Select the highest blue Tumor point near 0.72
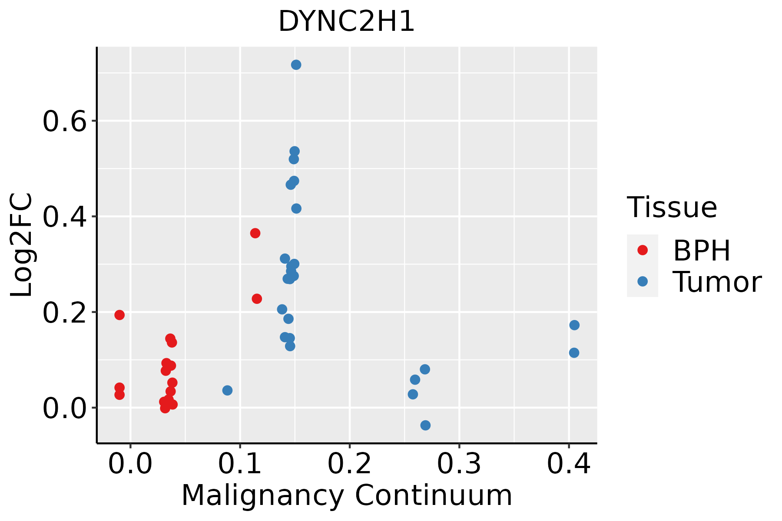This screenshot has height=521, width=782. (296, 65)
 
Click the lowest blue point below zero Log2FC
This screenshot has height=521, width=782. (425, 425)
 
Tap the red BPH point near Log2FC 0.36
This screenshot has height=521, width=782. (255, 233)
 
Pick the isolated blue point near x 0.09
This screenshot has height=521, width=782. (227, 390)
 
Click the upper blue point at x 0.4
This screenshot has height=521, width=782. (574, 325)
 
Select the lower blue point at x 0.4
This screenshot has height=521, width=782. (574, 353)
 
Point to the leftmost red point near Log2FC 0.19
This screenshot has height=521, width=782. (119, 315)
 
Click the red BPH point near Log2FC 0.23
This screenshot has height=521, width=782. (257, 299)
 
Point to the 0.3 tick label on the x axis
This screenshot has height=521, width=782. (459, 464)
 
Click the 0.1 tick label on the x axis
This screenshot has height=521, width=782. (240, 464)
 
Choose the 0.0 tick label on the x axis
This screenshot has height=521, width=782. (130, 464)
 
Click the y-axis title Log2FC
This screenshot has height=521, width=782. (22, 245)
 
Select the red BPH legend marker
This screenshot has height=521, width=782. (642, 250)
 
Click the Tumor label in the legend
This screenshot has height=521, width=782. (717, 282)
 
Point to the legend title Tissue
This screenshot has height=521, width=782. (672, 208)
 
